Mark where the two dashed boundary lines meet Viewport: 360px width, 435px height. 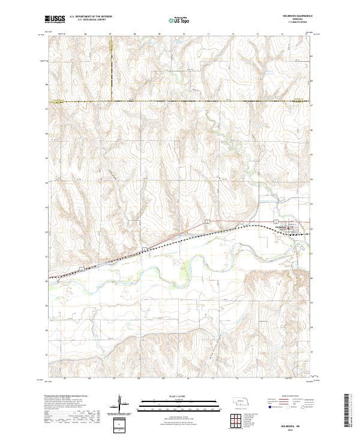pyautogui.click(x=112, y=100)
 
